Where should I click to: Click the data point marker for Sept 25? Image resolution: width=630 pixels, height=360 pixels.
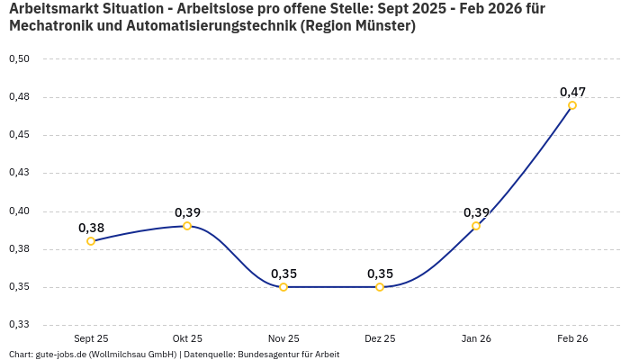pyautogui.click(x=91, y=241)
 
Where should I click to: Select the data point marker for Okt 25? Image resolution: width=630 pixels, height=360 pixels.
pyautogui.click(x=187, y=226)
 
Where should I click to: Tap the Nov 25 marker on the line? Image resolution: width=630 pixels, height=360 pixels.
pyautogui.click(x=283, y=287)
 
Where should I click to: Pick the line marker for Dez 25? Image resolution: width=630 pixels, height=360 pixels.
pyautogui.click(x=380, y=287)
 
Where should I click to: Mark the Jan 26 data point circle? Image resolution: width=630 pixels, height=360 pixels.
pyautogui.click(x=476, y=226)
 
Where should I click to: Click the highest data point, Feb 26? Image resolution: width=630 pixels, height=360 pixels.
pyautogui.click(x=572, y=105)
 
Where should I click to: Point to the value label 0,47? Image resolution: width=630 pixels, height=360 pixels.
pyautogui.click(x=572, y=92)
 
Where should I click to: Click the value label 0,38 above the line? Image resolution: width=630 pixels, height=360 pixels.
pyautogui.click(x=91, y=228)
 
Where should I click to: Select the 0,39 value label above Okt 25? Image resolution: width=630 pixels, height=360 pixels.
pyautogui.click(x=187, y=212)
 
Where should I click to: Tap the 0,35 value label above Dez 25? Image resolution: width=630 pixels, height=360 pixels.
pyautogui.click(x=380, y=274)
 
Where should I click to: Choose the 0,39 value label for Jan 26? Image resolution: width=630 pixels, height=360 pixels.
pyautogui.click(x=476, y=212)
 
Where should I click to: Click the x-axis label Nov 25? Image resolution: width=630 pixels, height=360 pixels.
pyautogui.click(x=283, y=338)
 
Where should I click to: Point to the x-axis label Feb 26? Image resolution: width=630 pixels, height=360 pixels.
pyautogui.click(x=572, y=338)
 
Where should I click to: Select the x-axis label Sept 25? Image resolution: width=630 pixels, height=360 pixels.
pyautogui.click(x=91, y=338)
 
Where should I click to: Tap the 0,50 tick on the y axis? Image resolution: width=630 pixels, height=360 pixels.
pyautogui.click(x=19, y=59)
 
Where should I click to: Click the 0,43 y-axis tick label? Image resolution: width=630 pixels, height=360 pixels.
pyautogui.click(x=19, y=173)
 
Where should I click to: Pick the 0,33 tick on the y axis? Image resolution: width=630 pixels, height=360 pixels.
pyautogui.click(x=19, y=325)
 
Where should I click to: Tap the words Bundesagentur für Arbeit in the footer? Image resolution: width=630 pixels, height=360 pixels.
pyautogui.click(x=288, y=355)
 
